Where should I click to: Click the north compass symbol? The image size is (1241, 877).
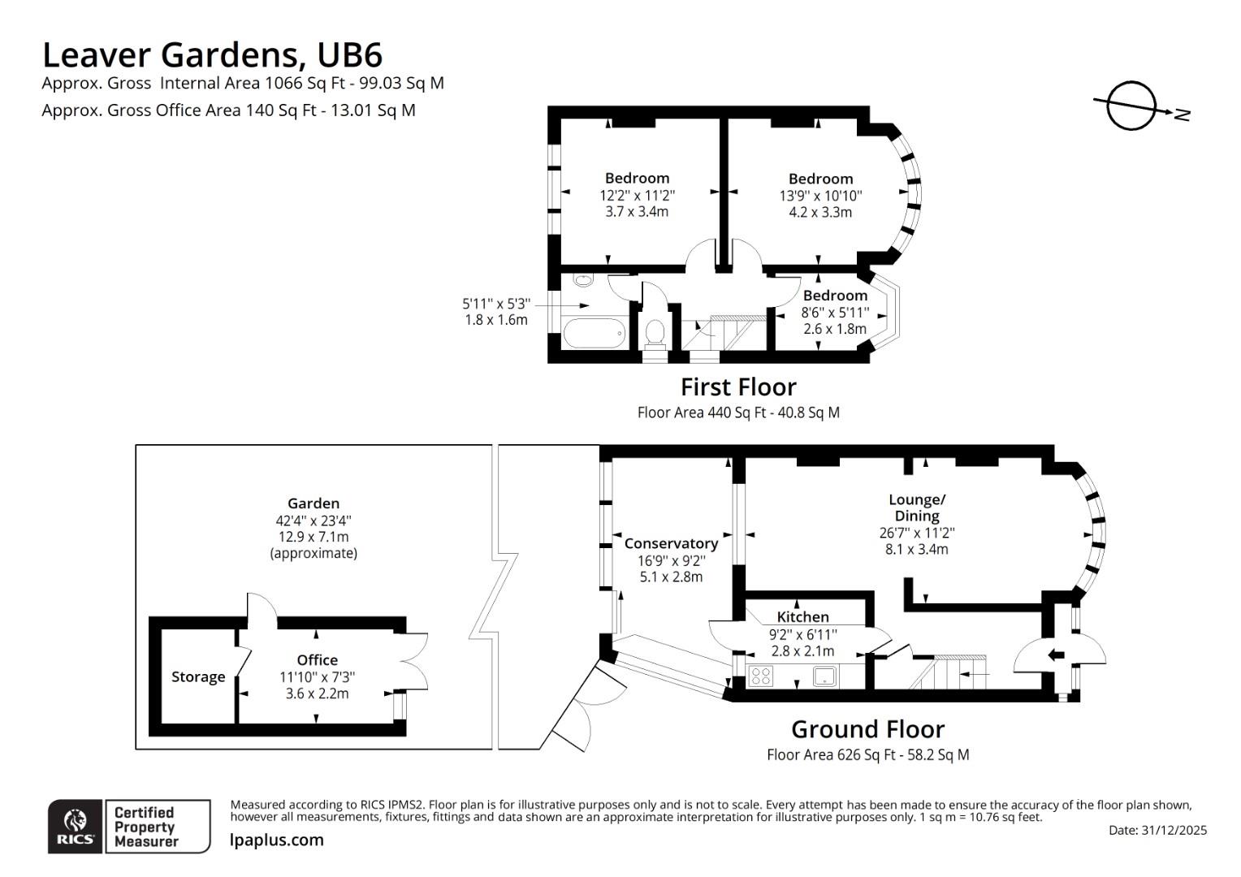[1131, 106]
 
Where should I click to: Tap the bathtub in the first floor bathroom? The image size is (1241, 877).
[595, 333]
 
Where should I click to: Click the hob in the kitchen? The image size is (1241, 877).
[761, 676]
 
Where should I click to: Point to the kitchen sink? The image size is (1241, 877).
[825, 676]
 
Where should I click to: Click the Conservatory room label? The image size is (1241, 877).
[671, 543]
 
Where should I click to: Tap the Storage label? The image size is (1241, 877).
[198, 677]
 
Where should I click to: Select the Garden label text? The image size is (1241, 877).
[313, 503]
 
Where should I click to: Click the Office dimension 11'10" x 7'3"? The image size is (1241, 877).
[317, 676]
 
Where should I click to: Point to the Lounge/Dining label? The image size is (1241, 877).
[917, 508]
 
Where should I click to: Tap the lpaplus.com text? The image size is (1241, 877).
[276, 840]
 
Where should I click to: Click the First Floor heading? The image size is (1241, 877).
[738, 387]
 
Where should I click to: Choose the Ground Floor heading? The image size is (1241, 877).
[867, 729]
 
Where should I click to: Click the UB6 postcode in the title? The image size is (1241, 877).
[349, 55]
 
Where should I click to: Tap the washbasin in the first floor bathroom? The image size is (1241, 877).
[583, 279]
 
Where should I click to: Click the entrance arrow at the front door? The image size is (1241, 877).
[1057, 655]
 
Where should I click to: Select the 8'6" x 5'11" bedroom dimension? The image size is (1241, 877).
[835, 313]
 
